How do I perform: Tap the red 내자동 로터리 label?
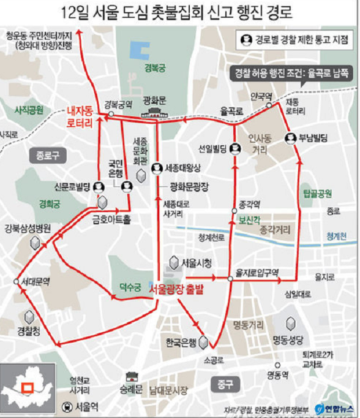click(x=80, y=117)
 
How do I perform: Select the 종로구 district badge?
click(x=47, y=156)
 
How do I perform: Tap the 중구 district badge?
click(x=225, y=384)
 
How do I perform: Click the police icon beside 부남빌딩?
click(x=290, y=139)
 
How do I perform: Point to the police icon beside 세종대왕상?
click(x=156, y=167)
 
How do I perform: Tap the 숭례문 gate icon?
click(x=129, y=378)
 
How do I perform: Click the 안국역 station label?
click(x=260, y=96)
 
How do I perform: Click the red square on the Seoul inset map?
click(x=27, y=387)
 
